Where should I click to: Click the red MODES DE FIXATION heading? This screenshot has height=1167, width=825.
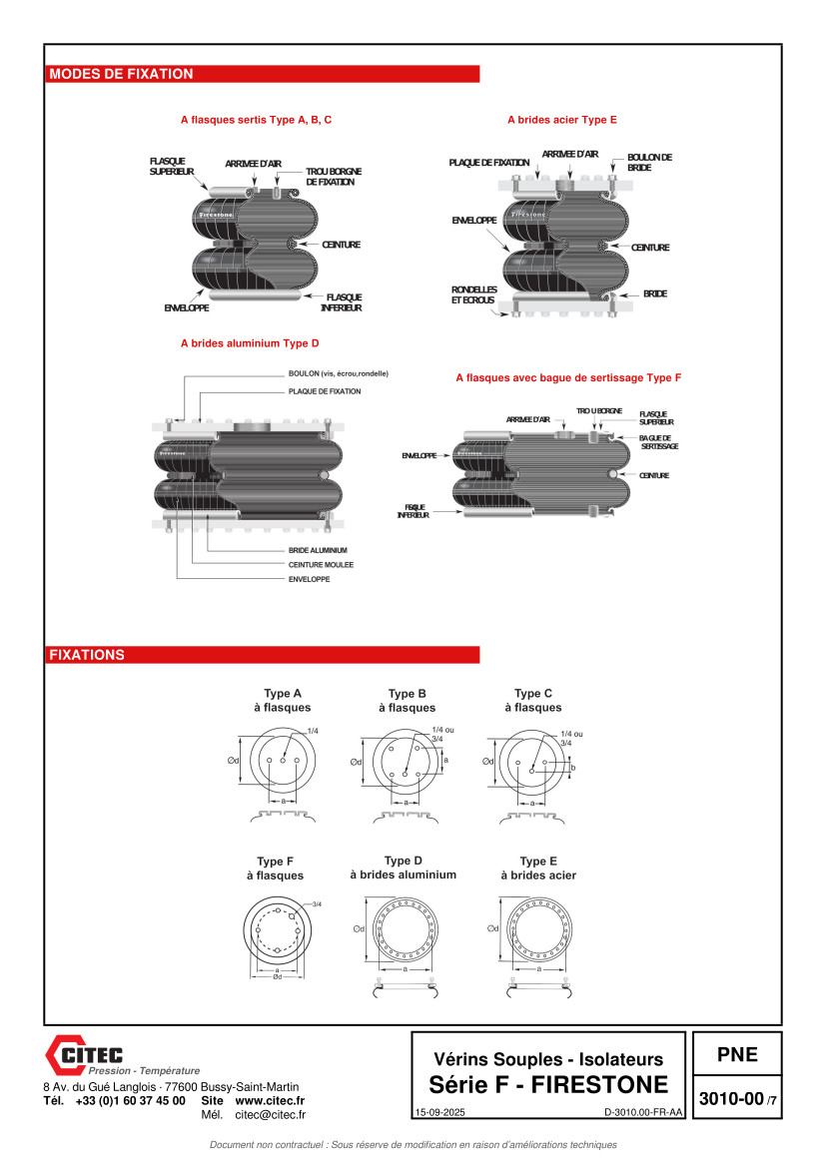121,74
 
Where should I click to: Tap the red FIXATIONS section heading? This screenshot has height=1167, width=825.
87,656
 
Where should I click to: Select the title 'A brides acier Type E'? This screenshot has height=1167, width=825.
562,120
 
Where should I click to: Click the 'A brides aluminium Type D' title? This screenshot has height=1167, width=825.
250,343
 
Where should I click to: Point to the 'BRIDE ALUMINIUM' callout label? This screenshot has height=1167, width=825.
318,551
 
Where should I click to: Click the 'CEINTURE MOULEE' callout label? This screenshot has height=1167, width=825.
321,565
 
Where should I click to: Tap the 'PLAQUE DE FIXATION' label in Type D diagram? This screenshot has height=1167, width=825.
325,391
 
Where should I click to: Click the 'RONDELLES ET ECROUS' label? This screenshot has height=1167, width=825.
474,294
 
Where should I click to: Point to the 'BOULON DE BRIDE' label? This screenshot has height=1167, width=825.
649,162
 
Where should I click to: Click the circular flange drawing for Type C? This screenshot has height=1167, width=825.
532,766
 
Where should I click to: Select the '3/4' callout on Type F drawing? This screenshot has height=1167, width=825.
317,904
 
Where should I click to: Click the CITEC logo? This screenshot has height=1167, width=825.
84,1054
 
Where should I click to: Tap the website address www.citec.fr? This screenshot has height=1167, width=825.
270,1100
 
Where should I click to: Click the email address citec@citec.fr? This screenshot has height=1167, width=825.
270,1114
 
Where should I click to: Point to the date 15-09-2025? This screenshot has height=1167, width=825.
438,1112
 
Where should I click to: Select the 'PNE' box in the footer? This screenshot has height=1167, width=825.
737,1054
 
